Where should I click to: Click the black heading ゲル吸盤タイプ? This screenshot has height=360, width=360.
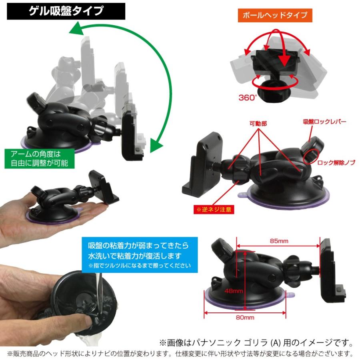[x=66, y=11]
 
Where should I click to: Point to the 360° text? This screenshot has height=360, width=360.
[x=248, y=97]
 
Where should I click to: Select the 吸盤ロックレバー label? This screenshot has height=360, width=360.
[x=324, y=121]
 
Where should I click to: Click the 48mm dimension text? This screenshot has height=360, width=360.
[x=234, y=290]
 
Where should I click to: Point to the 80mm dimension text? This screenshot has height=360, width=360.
[x=245, y=318]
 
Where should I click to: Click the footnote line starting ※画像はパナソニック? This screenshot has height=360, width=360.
[x=256, y=343]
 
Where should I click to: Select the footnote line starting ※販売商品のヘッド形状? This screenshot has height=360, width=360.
[x=180, y=354]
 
